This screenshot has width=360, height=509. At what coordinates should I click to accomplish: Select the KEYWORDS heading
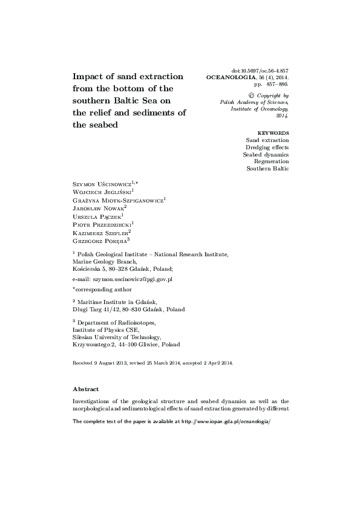273,132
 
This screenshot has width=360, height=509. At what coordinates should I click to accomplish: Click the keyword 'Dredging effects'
267,147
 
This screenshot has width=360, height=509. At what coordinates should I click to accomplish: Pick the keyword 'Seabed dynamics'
266,154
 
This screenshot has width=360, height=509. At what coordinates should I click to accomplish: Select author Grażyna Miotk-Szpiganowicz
117,199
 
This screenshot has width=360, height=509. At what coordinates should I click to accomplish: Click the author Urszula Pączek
96,216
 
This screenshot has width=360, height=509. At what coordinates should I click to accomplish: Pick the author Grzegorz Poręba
99,240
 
